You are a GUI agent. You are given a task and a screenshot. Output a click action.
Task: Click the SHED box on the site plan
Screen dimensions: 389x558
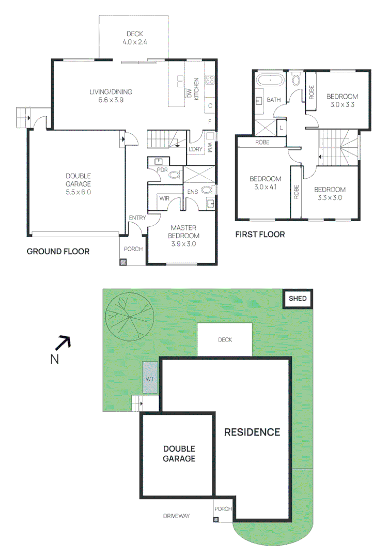point(298,299)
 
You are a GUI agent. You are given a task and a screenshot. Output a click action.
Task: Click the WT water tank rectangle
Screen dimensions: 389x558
point(150,377)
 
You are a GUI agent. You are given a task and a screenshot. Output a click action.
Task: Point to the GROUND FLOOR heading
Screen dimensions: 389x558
point(58,252)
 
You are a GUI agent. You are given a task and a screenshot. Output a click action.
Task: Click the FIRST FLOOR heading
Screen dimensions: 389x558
point(260,235)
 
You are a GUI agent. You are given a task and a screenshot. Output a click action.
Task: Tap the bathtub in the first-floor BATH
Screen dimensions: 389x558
point(270,81)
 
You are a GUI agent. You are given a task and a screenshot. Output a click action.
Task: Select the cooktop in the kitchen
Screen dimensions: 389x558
point(210,80)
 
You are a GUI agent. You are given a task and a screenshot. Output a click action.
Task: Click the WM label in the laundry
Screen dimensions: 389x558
point(210,148)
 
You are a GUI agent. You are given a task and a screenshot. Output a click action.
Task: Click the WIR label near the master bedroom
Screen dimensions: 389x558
point(164,198)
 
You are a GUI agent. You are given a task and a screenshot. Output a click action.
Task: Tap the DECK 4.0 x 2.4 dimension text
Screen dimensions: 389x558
point(135,42)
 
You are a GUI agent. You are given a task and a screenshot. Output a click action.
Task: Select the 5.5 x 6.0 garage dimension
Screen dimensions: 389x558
point(79,192)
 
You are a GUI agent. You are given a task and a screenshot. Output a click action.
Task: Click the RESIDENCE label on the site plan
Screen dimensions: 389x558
point(252,432)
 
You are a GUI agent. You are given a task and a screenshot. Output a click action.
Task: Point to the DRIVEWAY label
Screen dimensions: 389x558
point(176,516)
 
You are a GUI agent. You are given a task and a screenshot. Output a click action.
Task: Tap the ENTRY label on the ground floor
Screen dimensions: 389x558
point(137,218)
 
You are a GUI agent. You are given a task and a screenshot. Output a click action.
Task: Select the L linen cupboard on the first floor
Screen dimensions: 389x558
point(281,128)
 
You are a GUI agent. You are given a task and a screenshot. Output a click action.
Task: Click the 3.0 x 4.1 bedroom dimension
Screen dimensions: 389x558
point(266,187)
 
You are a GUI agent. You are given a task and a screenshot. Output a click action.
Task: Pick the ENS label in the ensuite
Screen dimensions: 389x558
point(193,192)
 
